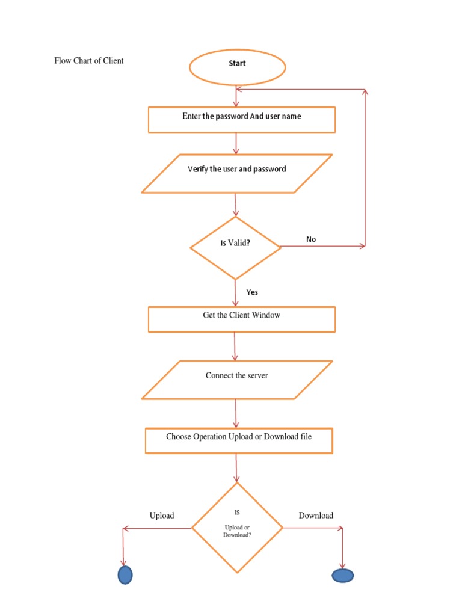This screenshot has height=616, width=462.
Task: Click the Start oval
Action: point(237,66)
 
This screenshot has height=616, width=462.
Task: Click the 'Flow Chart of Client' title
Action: point(89,61)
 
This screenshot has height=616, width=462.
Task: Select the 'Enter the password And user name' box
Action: point(241,119)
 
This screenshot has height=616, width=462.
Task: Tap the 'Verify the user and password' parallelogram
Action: point(236,173)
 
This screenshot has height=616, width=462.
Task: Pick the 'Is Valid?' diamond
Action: point(235,247)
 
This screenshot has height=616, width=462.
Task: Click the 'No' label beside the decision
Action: point(310,239)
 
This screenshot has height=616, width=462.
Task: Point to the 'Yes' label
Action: point(252,292)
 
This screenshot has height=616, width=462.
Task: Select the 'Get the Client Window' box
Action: point(241,319)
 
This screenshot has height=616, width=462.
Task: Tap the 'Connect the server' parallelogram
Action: point(236,380)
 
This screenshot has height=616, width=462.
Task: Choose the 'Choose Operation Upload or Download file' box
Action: point(238,440)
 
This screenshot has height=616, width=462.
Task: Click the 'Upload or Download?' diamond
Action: point(237,528)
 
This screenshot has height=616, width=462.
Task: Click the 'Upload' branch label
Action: point(162,516)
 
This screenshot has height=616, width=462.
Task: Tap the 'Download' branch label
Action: point(316,516)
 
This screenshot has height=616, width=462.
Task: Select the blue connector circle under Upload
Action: point(125,575)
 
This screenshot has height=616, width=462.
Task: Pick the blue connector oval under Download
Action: point(342,576)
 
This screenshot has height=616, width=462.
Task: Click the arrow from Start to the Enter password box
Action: point(236,96)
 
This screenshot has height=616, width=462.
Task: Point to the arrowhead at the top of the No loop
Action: point(365,91)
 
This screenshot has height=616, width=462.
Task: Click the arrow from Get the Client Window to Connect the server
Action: point(235,346)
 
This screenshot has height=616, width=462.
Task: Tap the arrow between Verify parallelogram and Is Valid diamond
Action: point(236,205)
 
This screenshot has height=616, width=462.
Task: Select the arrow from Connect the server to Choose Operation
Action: point(236,413)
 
